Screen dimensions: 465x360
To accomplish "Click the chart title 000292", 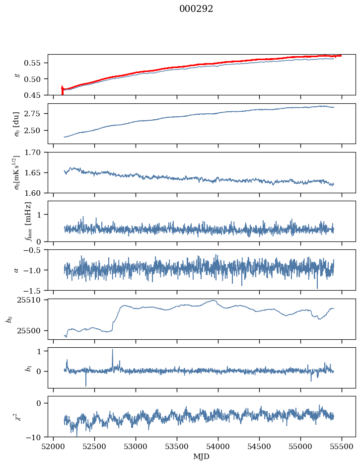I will pyautogui.click(x=196, y=9).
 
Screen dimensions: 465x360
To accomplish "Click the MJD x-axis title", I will pyautogui.click(x=201, y=457).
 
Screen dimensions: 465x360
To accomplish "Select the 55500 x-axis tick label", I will pyautogui.click(x=341, y=446).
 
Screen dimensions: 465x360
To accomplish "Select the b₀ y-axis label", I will pyautogui.click(x=8, y=318).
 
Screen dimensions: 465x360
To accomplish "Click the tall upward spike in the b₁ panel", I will pyautogui.click(x=112, y=350).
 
